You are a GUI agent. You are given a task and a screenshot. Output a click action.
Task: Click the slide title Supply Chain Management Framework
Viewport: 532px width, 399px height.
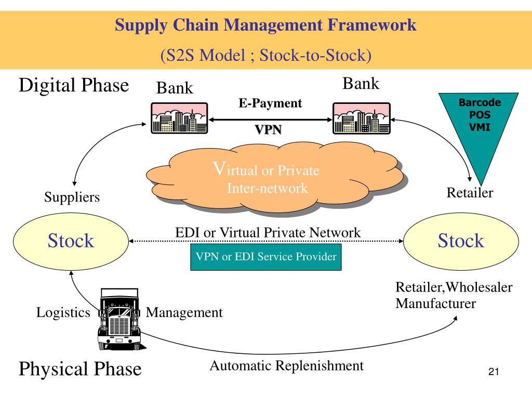265,25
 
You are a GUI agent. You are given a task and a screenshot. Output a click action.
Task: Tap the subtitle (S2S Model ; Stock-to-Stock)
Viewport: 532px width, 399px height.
265,55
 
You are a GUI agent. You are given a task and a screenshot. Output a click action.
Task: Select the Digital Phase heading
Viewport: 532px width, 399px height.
74,85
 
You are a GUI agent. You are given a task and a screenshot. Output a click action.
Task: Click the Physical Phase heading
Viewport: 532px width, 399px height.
80,369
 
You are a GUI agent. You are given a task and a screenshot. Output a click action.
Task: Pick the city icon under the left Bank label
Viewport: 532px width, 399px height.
179,118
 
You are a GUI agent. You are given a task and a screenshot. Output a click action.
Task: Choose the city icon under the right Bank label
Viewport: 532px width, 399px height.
362,118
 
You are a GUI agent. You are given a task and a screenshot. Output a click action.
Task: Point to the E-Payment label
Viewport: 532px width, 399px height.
270,103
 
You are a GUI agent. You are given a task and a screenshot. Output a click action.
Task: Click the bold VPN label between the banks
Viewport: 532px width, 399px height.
269,129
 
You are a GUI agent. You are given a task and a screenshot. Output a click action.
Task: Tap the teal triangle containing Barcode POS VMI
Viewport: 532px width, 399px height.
478,126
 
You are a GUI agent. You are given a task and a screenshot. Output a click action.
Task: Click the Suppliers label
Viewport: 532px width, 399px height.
72,197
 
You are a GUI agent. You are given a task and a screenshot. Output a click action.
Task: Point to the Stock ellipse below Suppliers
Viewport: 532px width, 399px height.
71,242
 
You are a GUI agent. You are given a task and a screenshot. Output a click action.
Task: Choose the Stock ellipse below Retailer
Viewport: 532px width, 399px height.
461,242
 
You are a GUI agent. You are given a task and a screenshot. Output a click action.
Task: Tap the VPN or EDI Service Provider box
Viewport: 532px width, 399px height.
266,257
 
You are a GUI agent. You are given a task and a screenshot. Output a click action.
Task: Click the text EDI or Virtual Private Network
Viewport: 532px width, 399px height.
268,233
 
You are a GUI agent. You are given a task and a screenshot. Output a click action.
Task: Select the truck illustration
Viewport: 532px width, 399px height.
120,319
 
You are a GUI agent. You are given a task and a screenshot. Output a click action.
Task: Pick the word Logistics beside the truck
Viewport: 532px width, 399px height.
63,312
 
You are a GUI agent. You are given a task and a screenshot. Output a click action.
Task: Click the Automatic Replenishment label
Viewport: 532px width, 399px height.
287,366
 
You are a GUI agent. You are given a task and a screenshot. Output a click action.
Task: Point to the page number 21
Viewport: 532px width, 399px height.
494,372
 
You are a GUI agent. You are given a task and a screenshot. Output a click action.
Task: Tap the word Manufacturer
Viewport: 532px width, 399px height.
436,303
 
